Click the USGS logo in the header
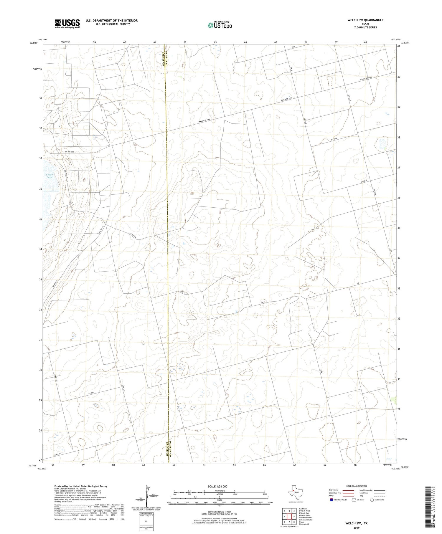coord(67,24)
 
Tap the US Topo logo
coord(220,25)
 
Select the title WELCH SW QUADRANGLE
coord(365,20)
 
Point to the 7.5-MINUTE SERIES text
coord(365,27)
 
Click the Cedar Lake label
coord(49,176)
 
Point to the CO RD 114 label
coord(133,236)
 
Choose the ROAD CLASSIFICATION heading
coord(357,486)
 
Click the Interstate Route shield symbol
coord(331,500)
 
